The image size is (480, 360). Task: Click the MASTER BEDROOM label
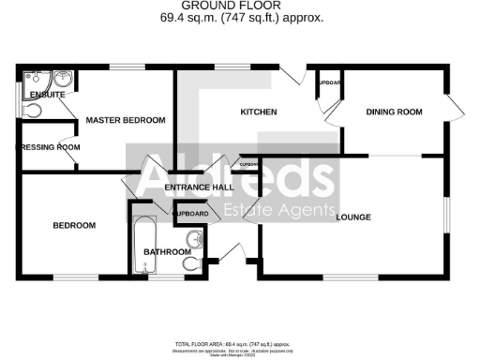click(x=126, y=120)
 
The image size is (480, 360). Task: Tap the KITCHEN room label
click(x=259, y=112)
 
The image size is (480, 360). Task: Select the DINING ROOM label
click(x=394, y=112)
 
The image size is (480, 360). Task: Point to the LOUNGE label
click(x=352, y=217)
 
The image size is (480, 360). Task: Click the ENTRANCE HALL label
click(x=199, y=187)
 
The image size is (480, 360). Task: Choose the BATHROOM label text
click(x=167, y=251)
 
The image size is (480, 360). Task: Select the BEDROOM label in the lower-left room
click(x=74, y=226)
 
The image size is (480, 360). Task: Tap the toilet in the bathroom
click(x=193, y=264)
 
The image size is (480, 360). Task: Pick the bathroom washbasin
click(x=194, y=238)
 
